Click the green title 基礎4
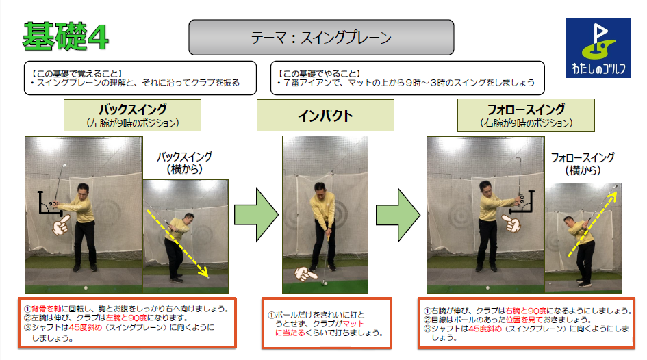coord(66,36)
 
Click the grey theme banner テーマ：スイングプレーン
coord(321,38)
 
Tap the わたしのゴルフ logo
coord(598,48)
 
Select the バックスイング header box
coord(132,116)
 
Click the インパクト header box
coord(325,116)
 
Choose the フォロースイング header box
coord(526,116)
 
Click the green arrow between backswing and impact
coord(256,214)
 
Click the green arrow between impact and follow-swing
coord(398,215)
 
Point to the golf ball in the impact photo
coord(325,283)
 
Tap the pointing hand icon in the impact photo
coord(306,274)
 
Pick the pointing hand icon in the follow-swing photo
coord(511,223)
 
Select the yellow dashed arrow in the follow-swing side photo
coord(592,223)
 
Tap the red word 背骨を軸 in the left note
coord(47,309)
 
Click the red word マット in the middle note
coord(353,323)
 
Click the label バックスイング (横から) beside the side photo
coord(184,163)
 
